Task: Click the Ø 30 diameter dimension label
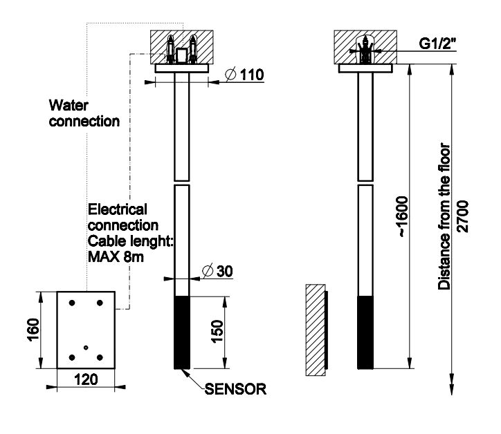point(217,270)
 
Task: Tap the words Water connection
point(84,113)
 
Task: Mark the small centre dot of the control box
point(85,346)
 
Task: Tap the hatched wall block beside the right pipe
point(316,330)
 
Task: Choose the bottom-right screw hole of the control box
point(100,357)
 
